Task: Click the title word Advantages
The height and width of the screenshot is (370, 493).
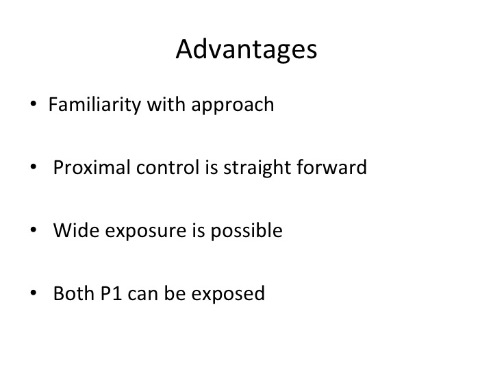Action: (x=246, y=49)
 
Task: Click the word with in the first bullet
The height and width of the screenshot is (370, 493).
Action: (x=166, y=104)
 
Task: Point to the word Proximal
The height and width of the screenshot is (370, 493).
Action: (x=92, y=167)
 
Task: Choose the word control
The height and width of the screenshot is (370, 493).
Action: (x=168, y=167)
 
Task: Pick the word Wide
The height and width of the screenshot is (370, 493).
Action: (x=76, y=230)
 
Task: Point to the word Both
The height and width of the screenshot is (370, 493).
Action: (x=74, y=293)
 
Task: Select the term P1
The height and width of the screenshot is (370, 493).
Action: (x=112, y=293)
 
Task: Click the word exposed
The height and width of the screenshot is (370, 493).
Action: (x=228, y=294)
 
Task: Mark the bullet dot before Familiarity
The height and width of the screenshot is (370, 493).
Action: (x=34, y=104)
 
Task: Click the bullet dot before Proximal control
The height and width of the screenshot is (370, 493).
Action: (x=34, y=166)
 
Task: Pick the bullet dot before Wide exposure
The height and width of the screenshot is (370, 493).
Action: (x=34, y=230)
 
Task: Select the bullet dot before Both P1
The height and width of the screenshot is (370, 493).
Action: (x=34, y=293)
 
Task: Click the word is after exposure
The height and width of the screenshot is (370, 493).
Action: (x=199, y=230)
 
